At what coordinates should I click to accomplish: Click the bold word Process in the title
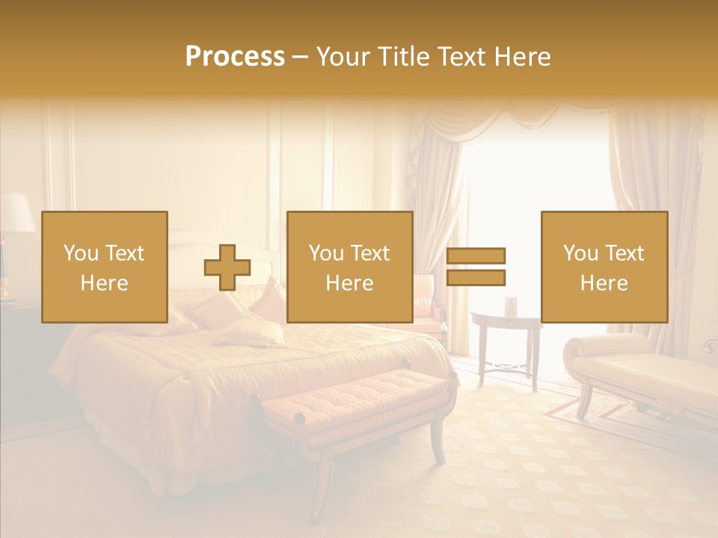click(235, 57)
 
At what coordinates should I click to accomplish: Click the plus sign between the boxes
click(227, 268)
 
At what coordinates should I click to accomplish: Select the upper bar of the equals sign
click(476, 256)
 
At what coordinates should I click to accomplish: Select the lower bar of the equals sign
click(476, 278)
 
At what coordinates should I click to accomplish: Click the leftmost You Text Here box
click(105, 267)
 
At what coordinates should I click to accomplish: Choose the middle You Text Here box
click(350, 267)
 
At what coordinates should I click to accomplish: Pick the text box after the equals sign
click(604, 267)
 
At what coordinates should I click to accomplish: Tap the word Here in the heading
click(521, 57)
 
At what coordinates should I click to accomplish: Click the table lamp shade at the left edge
click(15, 214)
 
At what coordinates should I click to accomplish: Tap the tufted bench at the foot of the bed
click(359, 397)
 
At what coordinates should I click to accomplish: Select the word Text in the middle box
click(369, 253)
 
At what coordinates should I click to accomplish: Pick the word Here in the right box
click(604, 283)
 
